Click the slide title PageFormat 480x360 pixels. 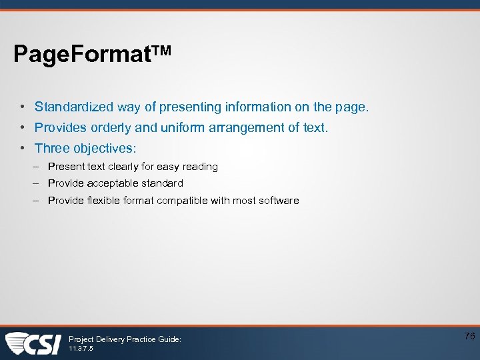tap(84, 54)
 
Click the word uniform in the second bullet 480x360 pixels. tap(185, 127)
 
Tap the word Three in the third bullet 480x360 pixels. tap(52, 148)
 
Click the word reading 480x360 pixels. tap(199, 167)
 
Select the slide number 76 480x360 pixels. tap(469, 336)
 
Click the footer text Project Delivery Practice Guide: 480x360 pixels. tap(125, 339)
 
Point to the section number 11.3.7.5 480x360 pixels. tap(81, 349)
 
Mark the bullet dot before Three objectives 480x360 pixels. tap(22, 148)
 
